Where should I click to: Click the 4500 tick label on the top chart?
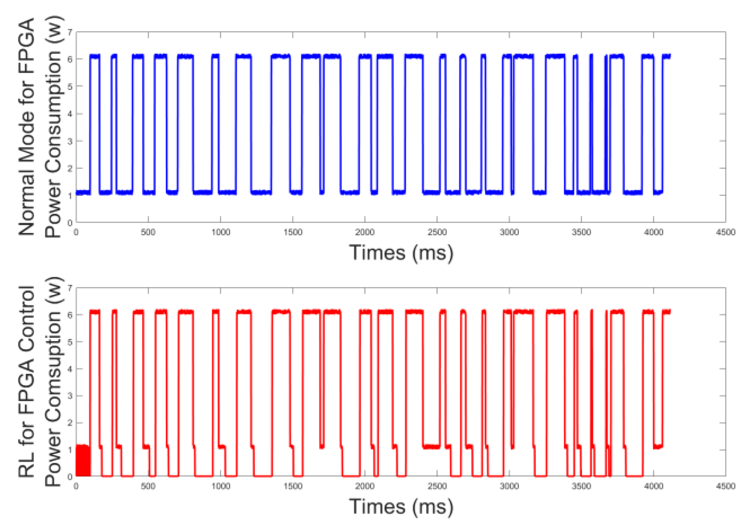(x=725, y=232)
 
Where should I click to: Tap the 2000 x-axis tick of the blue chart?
(x=364, y=232)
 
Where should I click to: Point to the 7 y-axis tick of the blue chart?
(x=70, y=32)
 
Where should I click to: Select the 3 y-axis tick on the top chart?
(x=70, y=141)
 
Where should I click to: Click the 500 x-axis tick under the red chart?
(x=148, y=486)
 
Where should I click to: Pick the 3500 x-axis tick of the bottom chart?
(x=581, y=486)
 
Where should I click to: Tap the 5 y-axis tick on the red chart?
(x=70, y=342)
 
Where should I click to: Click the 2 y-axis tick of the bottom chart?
(x=70, y=423)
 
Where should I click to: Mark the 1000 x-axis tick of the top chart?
(x=220, y=232)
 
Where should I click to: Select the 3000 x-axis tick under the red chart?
(x=509, y=486)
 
